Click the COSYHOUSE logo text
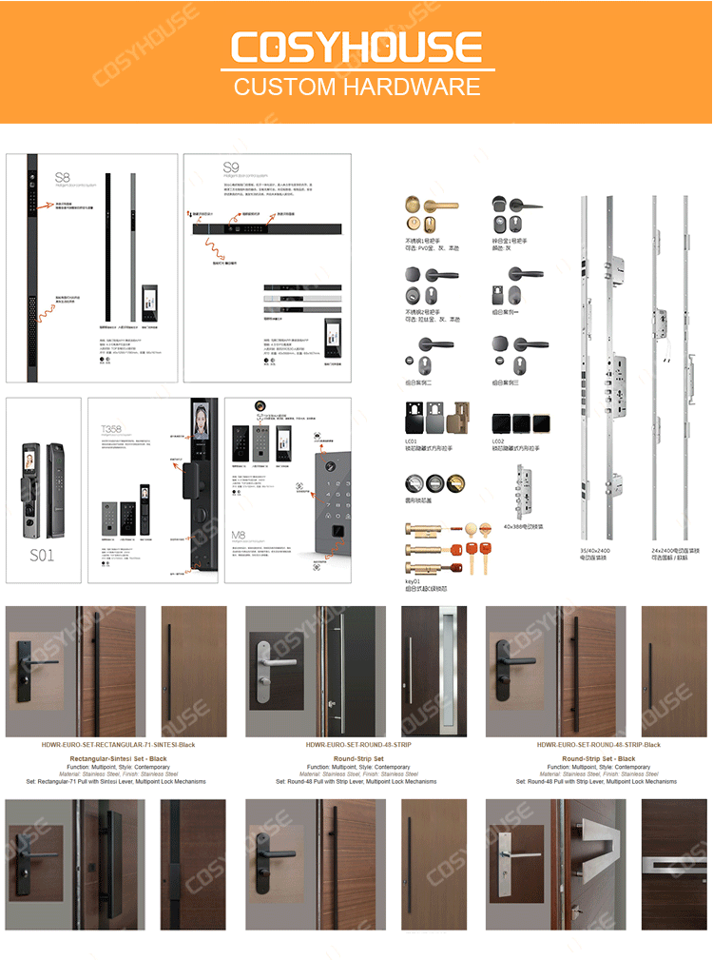(356, 48)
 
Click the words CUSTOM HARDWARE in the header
(356, 88)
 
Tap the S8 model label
(62, 177)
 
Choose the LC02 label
(499, 441)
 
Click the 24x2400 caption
(669, 550)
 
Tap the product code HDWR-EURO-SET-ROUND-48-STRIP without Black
(357, 745)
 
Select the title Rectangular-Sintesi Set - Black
(118, 758)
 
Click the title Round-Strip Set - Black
(598, 758)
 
